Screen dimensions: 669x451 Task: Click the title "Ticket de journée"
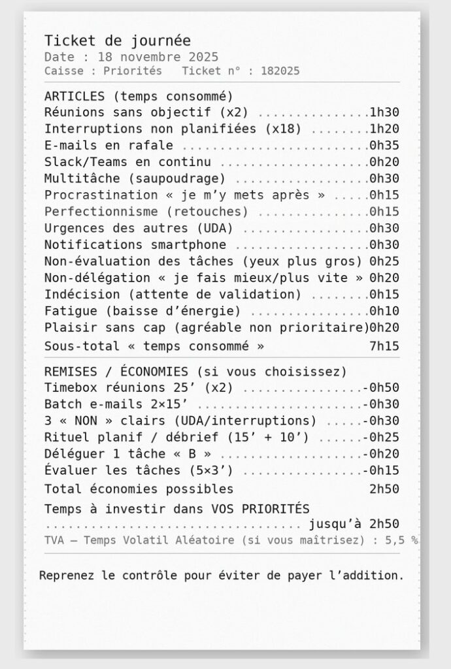pyautogui.click(x=117, y=41)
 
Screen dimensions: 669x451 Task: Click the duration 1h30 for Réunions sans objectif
pyautogui.click(x=384, y=112)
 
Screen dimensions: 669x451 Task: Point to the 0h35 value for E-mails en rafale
pyautogui.click(x=384, y=145)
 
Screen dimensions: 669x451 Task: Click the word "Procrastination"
pyautogui.click(x=101, y=195)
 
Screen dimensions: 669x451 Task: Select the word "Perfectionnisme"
pyautogui.click(x=101, y=211)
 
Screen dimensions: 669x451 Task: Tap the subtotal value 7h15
pyautogui.click(x=384, y=346)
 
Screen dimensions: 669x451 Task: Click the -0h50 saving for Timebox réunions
pyautogui.click(x=381, y=387)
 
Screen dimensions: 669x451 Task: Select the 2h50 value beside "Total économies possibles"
pyautogui.click(x=384, y=489)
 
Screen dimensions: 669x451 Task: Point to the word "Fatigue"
pyautogui.click(x=71, y=310)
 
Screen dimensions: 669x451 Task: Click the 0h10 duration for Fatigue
pyautogui.click(x=384, y=310)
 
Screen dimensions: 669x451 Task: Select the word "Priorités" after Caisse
pyautogui.click(x=133, y=71)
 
